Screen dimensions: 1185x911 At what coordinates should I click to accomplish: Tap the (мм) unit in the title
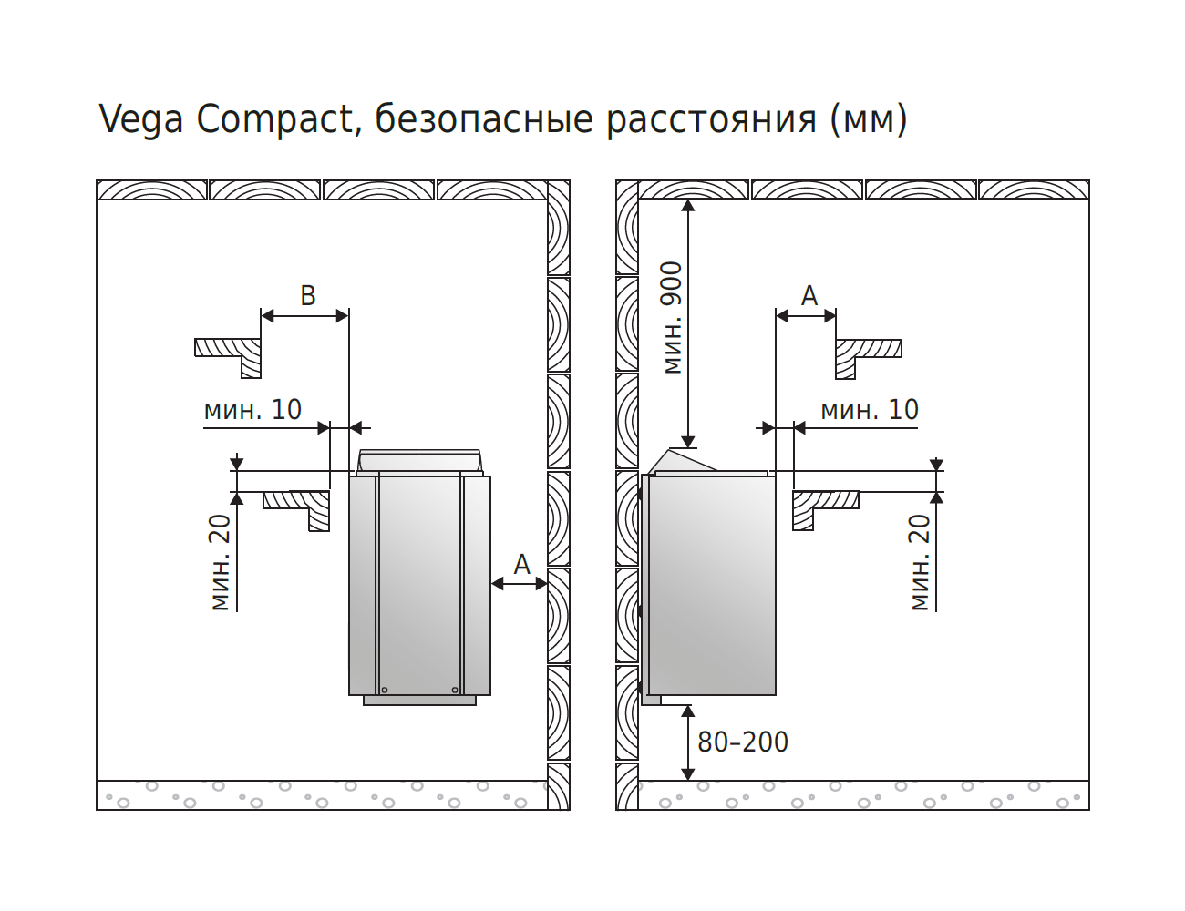tap(868, 120)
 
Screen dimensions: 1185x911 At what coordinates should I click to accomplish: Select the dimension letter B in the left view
tap(308, 296)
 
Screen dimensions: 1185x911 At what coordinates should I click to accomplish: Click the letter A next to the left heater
tap(522, 565)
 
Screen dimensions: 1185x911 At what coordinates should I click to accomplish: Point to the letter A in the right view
tap(809, 296)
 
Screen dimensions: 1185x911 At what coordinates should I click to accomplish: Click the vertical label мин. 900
tap(673, 318)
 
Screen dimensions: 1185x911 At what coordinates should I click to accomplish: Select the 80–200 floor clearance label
tap(743, 742)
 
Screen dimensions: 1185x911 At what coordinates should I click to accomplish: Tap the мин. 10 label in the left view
tap(252, 410)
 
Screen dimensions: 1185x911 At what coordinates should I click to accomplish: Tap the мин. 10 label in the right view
tap(870, 410)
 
